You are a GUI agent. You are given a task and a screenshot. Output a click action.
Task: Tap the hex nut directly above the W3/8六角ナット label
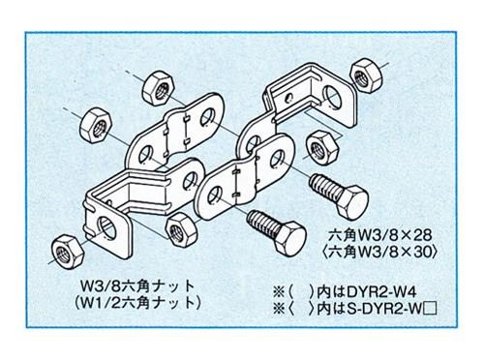[179, 229]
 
